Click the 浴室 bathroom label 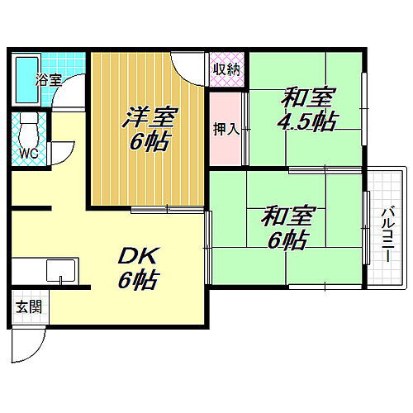pos(48,81)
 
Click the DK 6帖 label pos(136,266)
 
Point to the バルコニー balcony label pos(386,235)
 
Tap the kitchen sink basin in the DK pos(62,271)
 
